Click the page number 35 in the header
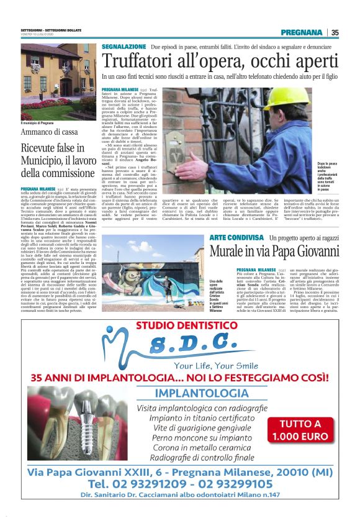(x=335, y=32)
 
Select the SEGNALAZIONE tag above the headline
(x=124, y=47)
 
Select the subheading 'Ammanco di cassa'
(x=49, y=132)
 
